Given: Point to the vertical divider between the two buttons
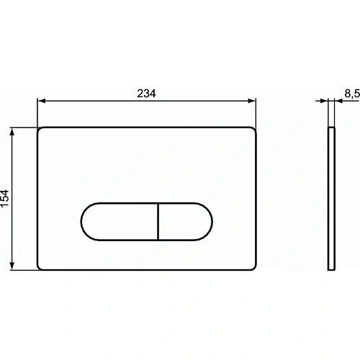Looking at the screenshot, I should (x=157, y=220).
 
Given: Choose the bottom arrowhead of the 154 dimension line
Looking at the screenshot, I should (x=13, y=266).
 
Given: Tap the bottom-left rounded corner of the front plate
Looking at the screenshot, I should (x=40, y=267).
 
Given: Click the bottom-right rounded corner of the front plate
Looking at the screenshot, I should (x=253, y=267).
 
